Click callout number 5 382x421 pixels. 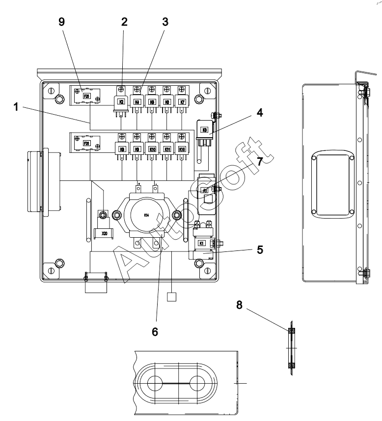260,249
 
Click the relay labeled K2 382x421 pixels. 120,103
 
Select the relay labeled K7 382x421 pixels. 182,102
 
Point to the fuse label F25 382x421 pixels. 87,96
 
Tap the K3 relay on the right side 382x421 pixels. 206,131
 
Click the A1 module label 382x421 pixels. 205,190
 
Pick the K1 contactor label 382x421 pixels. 201,243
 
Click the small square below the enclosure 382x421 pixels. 171,297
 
